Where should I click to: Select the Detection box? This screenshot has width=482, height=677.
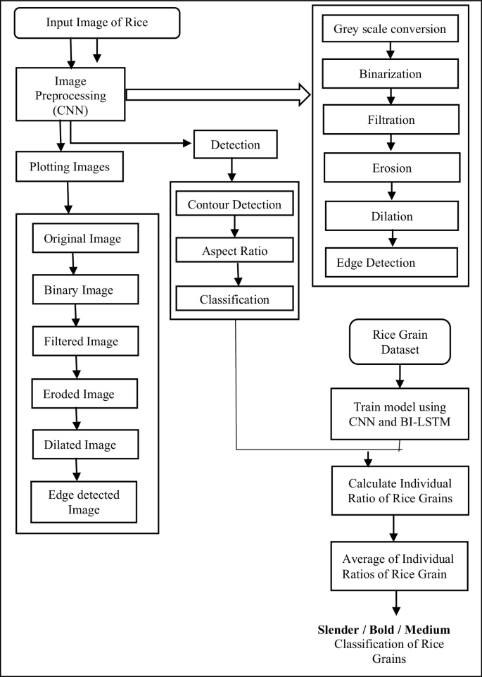tap(235, 145)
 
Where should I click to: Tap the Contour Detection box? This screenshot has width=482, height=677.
tap(234, 205)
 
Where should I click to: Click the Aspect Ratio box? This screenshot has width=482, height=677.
tap(234, 251)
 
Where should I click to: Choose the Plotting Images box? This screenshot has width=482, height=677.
tap(68, 168)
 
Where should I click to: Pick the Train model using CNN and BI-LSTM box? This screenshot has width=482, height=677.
tap(399, 416)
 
